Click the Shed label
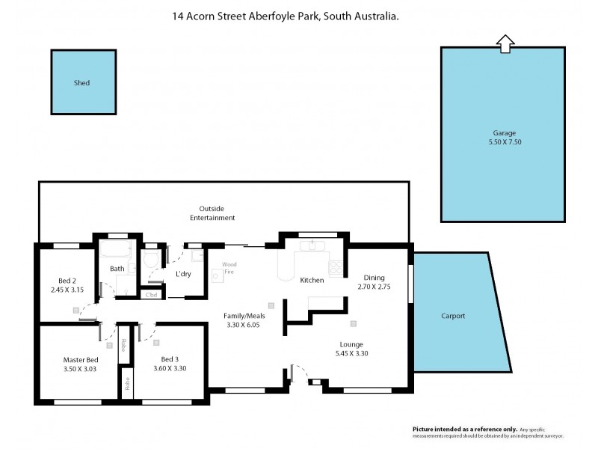pyautogui.click(x=82, y=83)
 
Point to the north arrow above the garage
pyautogui.click(x=505, y=44)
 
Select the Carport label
pyautogui.click(x=453, y=316)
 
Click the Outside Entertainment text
pyautogui.click(x=217, y=213)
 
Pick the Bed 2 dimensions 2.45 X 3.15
pyautogui.click(x=66, y=290)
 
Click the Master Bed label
pyautogui.click(x=81, y=359)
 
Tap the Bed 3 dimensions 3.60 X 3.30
pyautogui.click(x=170, y=368)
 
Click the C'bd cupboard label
pyautogui.click(x=152, y=294)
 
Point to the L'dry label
pyautogui.click(x=183, y=274)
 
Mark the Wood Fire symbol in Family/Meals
pyautogui.click(x=218, y=275)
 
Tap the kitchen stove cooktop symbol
pyautogui.click(x=336, y=268)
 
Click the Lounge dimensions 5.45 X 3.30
pyautogui.click(x=351, y=353)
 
